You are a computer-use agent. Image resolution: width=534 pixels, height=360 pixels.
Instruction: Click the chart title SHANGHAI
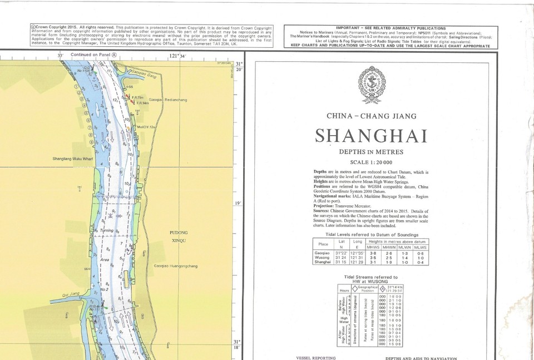click(371, 136)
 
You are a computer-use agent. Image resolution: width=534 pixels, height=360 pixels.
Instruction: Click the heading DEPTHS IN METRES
click(371, 151)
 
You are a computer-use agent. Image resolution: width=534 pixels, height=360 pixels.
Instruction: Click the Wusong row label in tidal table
click(322, 258)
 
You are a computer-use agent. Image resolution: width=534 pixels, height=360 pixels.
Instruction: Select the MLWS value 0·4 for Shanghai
click(419, 263)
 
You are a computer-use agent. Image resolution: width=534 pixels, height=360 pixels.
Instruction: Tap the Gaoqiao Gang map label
click(143, 74)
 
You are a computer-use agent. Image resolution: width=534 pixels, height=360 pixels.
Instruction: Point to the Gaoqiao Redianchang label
click(168, 100)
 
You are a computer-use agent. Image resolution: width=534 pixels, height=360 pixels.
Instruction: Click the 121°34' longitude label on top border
click(177, 56)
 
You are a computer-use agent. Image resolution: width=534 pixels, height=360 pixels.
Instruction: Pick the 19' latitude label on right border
click(238, 204)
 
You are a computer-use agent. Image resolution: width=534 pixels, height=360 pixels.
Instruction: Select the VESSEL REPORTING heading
click(316, 358)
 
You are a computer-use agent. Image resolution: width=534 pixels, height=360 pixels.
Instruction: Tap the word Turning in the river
click(106, 230)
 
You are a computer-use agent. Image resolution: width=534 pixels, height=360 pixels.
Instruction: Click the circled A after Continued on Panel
click(115, 55)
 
